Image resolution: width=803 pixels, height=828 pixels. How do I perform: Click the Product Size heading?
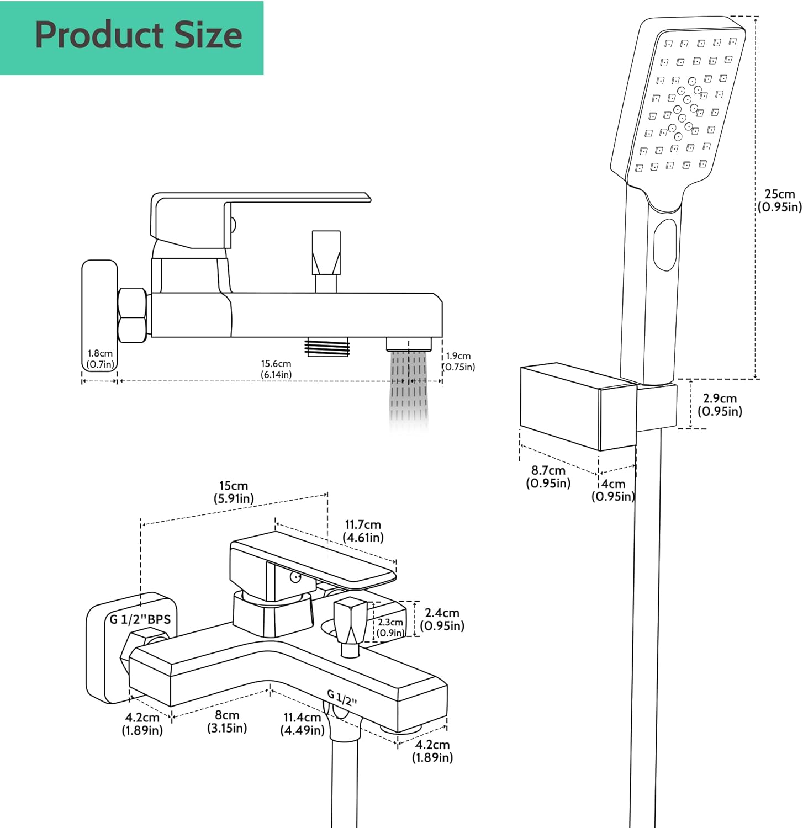pos(138,35)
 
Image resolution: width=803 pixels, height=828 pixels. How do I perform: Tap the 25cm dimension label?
pos(779,200)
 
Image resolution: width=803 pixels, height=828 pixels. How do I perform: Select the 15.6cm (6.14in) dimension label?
pos(276,369)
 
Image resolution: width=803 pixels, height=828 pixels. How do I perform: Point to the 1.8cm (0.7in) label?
pos(100,359)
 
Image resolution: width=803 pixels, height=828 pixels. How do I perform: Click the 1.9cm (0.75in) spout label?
pos(459,362)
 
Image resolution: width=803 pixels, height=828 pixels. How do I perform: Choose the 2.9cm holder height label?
pos(720,405)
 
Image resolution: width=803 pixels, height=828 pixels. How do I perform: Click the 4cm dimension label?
pos(613,490)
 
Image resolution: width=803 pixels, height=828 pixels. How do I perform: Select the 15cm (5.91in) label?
pos(234,492)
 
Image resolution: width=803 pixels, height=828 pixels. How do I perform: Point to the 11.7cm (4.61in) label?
pos(363,531)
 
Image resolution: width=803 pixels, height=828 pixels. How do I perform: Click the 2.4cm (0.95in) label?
pos(442,619)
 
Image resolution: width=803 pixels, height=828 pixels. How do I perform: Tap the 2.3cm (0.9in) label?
pos(390,628)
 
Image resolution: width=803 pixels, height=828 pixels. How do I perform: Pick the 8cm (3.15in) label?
pos(227,721)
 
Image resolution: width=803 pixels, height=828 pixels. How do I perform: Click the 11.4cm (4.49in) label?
pos(302,724)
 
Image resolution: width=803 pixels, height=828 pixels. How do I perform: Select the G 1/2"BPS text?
pos(140,619)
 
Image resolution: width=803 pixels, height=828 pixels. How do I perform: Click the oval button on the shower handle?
pos(664,245)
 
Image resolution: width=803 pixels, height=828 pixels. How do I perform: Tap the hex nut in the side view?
pos(133,315)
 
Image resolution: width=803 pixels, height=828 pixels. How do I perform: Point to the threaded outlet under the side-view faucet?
pos(327,348)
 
